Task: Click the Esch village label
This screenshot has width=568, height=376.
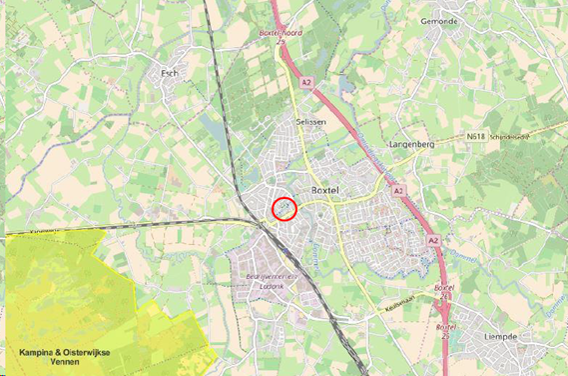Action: pos(171,73)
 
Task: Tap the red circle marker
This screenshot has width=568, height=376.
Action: pos(285,209)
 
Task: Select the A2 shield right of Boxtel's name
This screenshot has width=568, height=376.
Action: pos(397,189)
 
